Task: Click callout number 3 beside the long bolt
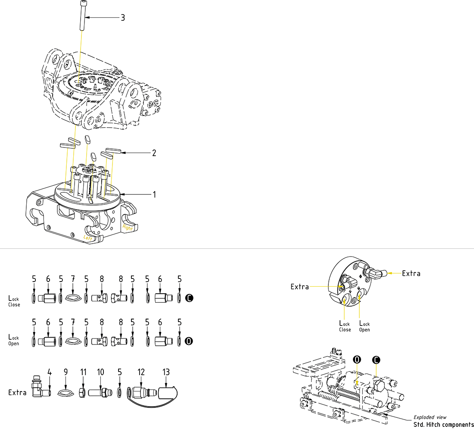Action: pos(123,18)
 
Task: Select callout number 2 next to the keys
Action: pos(153,153)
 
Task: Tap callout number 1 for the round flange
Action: pos(154,194)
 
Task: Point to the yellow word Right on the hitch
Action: pos(128,228)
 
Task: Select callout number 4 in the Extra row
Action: pos(50,372)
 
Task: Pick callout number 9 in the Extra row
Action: pos(65,372)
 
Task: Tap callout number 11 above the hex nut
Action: pos(83,372)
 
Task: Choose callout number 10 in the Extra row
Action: pos(100,372)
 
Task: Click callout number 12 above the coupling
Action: pos(141,372)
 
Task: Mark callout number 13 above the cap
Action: pos(166,372)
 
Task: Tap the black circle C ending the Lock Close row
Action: pos(188,297)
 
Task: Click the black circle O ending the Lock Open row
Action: pos(188,341)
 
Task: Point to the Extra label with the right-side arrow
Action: pos(411,273)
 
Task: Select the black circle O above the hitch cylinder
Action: pos(356,359)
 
